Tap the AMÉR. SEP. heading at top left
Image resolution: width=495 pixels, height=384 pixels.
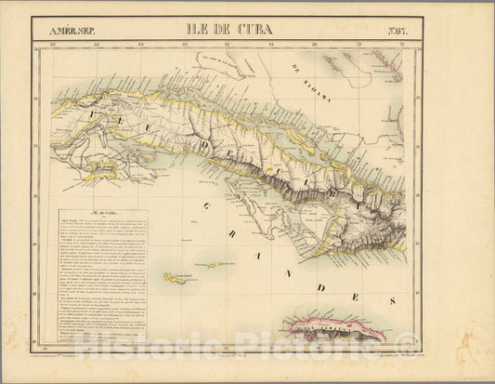click(75, 29)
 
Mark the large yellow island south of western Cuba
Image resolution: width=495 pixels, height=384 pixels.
click(100, 168)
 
